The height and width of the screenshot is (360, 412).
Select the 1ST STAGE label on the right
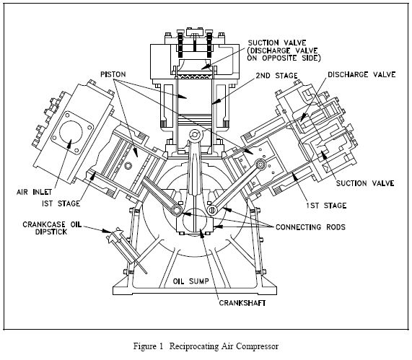[x=326, y=206]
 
